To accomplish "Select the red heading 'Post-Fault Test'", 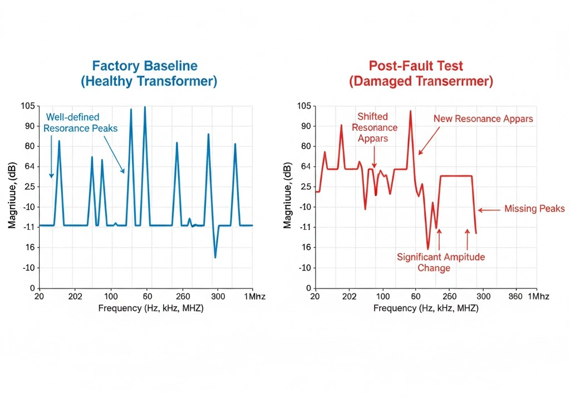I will coord(421,66).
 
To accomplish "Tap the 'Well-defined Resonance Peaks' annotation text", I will coord(81,122).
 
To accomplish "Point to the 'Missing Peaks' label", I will coord(534,209).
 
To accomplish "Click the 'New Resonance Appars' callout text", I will coord(483,119).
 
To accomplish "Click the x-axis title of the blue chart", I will coord(151,308).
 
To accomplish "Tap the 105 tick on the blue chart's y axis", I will coord(27,106).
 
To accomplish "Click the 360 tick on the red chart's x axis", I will coord(515,296).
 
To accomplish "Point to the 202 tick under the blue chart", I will coord(75,296).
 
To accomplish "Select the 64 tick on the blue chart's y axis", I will coord(28,166).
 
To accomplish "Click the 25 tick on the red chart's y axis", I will coord(304,186).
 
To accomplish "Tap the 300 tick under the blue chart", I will coord(218,296).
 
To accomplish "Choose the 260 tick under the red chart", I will coord(449,296).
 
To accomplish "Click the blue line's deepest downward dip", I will coord(215,257).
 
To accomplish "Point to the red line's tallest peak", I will coord(410,111).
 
